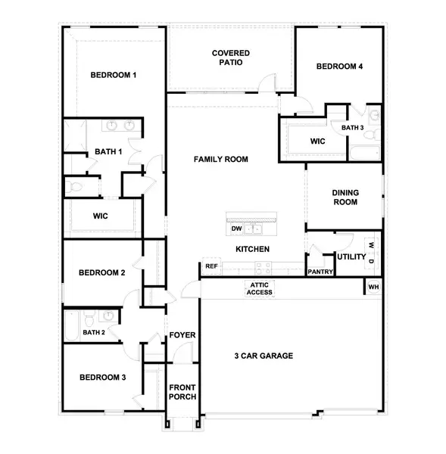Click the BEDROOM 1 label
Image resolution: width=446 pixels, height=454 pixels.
114,75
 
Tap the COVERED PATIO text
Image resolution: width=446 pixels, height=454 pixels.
231,58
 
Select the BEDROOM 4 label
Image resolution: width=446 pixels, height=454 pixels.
339,67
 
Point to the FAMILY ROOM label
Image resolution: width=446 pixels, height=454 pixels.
221,160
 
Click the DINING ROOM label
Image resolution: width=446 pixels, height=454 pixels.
345,197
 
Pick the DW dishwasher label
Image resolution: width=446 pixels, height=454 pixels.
236,229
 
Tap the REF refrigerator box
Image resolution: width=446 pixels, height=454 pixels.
211,266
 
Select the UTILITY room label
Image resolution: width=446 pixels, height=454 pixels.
351,257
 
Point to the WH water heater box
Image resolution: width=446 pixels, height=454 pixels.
373,288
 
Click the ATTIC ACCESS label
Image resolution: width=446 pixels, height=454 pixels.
259,288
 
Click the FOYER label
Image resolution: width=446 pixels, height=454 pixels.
182,335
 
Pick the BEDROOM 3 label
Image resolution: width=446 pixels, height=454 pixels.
102,378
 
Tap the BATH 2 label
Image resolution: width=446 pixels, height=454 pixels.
93,332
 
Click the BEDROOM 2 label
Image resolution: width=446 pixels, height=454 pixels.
102,272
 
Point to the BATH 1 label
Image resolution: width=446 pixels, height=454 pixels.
108,152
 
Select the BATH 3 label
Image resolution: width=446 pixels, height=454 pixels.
353,128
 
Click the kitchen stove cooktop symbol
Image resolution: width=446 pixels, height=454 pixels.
264,267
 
